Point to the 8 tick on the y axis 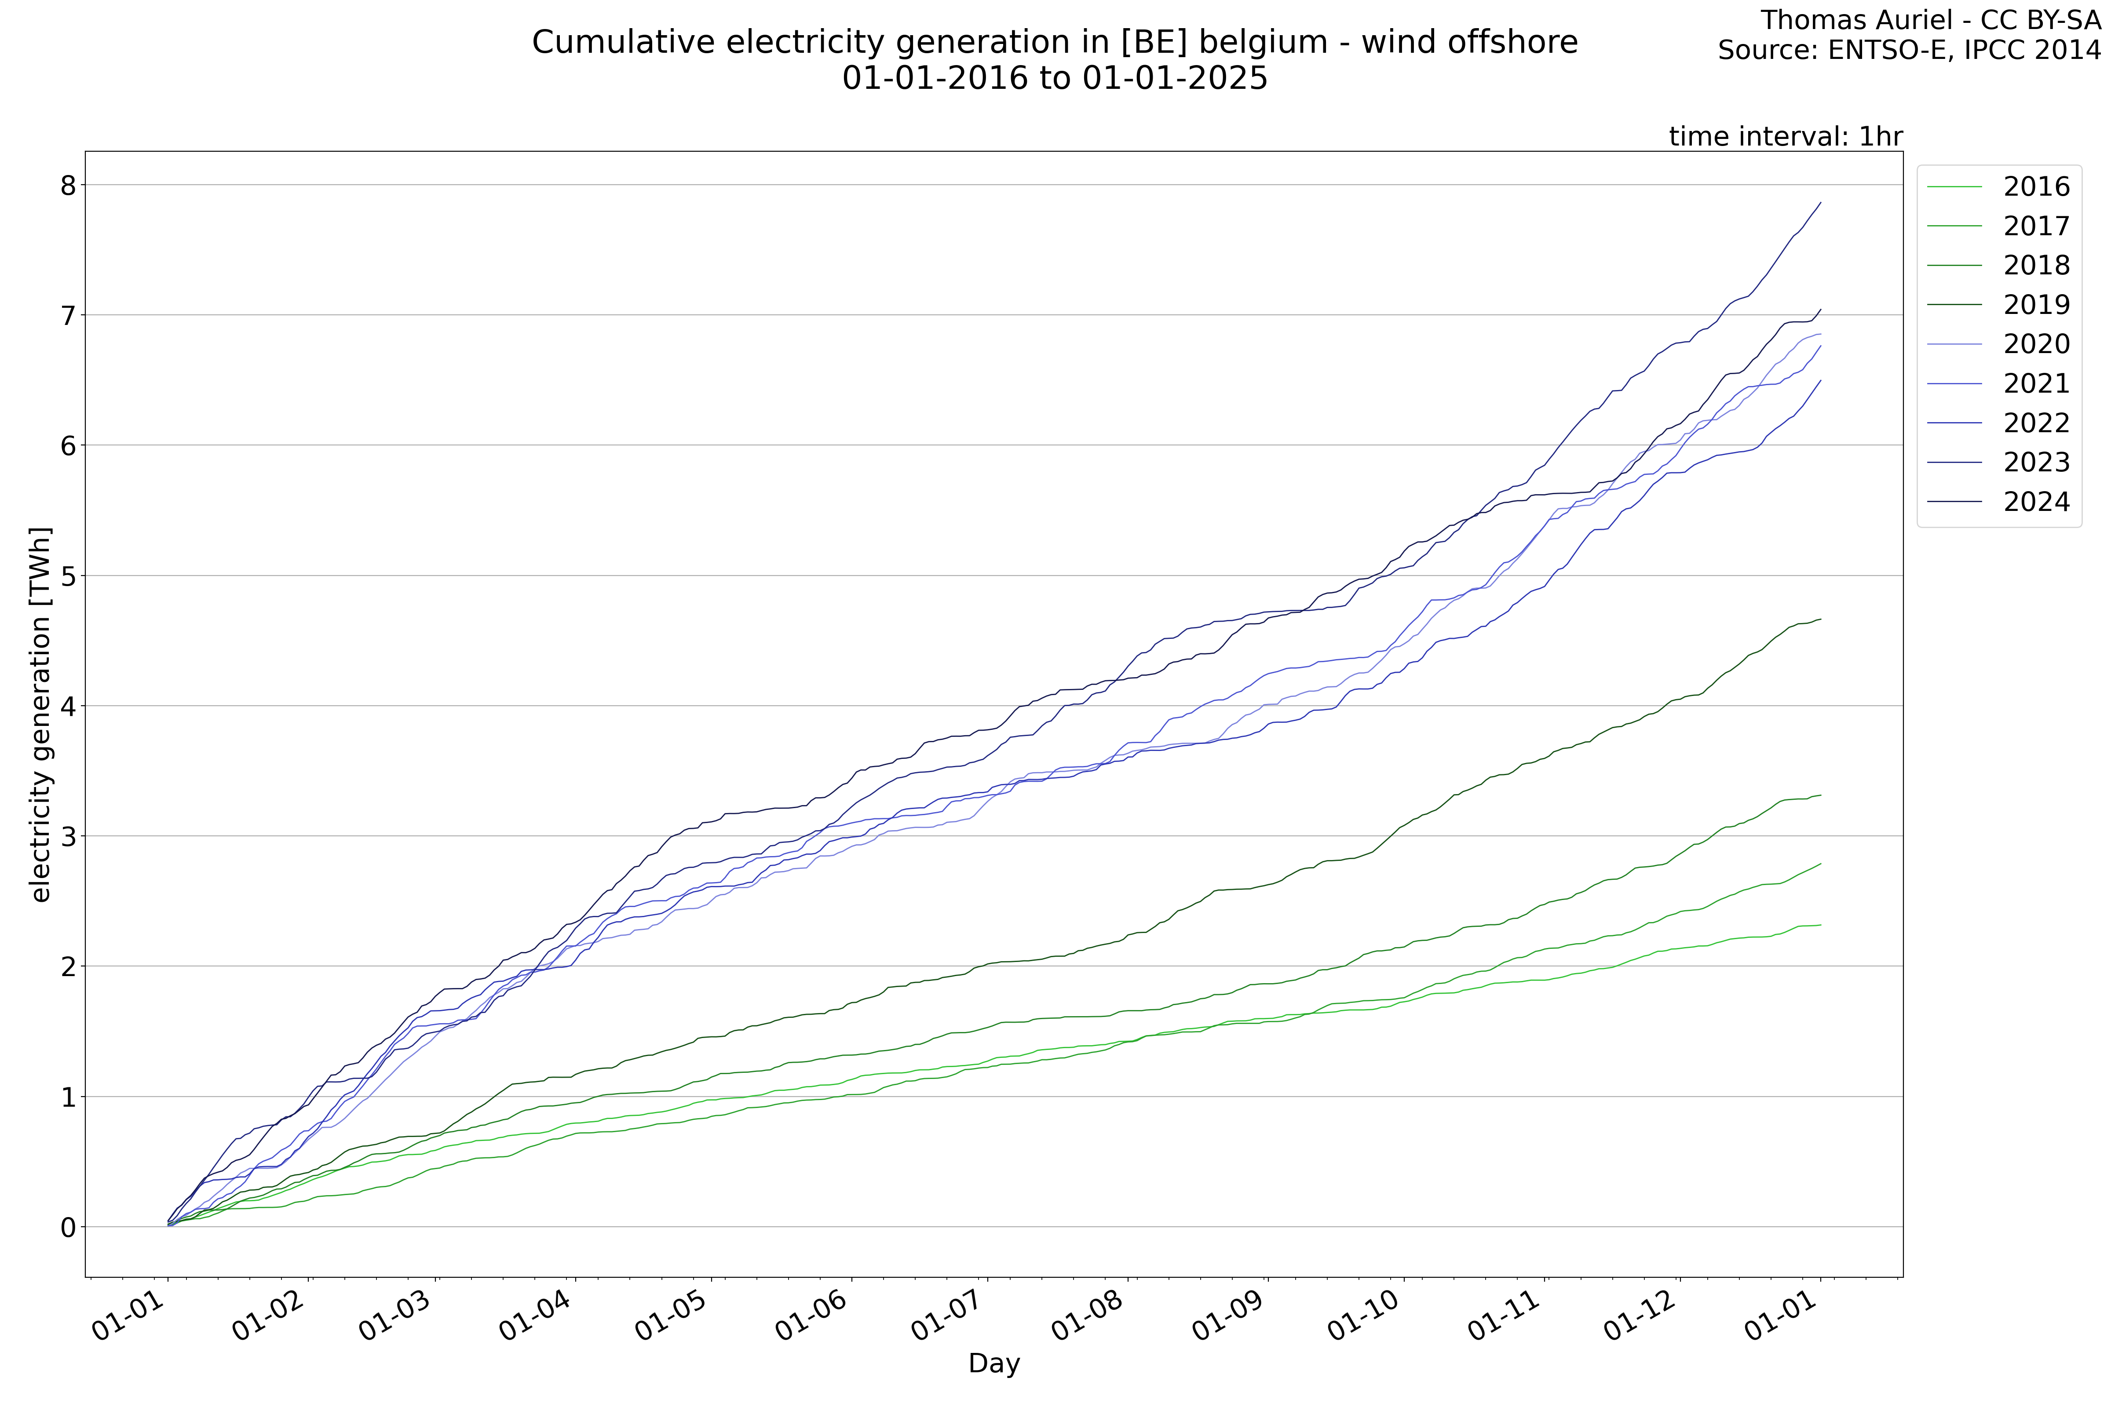coord(68,186)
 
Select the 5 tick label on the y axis coord(68,576)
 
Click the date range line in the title coord(1055,78)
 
